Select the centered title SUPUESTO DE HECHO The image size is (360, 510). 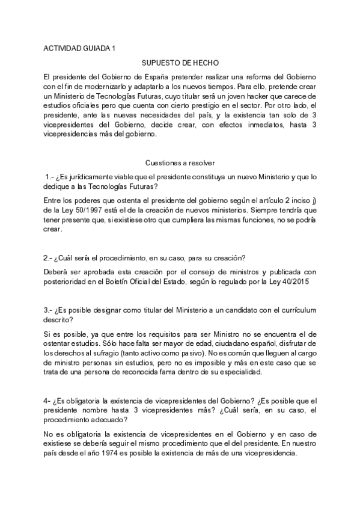pos(180,63)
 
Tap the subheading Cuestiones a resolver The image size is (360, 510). pos(180,162)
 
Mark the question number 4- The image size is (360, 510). pos(47,402)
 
